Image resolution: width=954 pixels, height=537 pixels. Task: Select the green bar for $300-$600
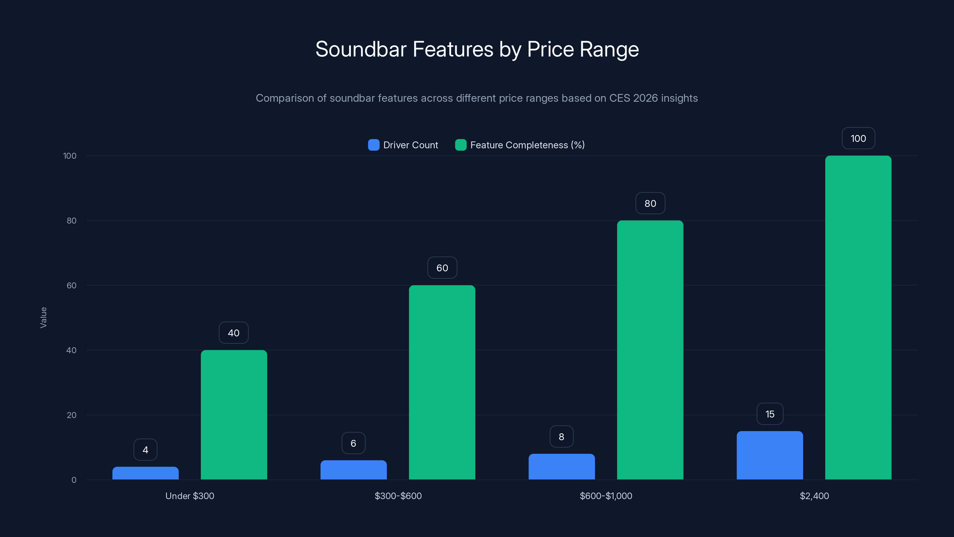(442, 382)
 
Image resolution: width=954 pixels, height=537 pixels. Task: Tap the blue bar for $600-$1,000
(561, 467)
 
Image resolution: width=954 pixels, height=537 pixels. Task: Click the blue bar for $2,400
(769, 456)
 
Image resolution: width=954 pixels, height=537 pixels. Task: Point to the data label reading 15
(769, 414)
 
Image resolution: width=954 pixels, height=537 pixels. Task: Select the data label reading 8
(561, 436)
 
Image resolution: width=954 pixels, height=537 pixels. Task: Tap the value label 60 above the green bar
(442, 268)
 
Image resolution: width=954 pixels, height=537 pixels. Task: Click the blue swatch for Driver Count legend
(374, 145)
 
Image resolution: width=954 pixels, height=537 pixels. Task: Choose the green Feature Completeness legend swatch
(460, 145)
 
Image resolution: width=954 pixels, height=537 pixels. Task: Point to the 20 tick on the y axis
(72, 415)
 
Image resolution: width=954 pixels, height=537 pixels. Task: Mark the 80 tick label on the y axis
(72, 221)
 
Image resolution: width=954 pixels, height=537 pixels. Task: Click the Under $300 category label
(190, 496)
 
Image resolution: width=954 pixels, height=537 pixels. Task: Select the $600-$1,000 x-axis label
(606, 496)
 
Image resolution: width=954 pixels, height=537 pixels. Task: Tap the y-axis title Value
(43, 317)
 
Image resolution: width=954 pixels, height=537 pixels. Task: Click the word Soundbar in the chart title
(361, 49)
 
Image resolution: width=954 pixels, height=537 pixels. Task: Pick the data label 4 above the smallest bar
(145, 450)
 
